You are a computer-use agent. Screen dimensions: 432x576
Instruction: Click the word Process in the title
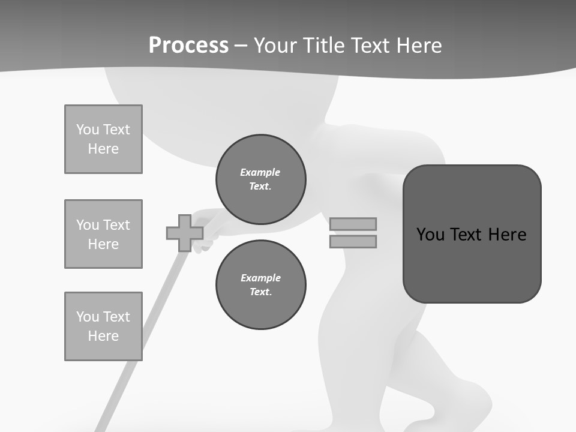(x=188, y=46)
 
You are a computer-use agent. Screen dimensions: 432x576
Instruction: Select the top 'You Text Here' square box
(x=103, y=139)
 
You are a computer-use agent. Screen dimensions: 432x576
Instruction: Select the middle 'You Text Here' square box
(x=103, y=234)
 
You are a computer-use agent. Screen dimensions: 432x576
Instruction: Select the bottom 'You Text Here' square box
(x=103, y=326)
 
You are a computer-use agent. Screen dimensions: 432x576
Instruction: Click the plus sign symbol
(x=184, y=233)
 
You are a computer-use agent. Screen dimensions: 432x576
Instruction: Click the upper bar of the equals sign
(x=353, y=224)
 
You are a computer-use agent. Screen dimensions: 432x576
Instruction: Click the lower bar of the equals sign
(x=353, y=242)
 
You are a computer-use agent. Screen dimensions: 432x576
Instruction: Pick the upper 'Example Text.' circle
(x=260, y=179)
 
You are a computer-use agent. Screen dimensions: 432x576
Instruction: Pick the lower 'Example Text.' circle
(x=260, y=284)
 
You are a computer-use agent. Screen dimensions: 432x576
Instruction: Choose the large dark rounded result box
(x=472, y=264)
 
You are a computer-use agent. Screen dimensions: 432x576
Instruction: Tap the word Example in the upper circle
(x=260, y=172)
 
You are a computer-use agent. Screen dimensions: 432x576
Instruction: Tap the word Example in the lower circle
(x=260, y=278)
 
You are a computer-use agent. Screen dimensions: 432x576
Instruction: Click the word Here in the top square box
(x=103, y=149)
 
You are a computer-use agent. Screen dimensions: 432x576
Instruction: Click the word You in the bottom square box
(x=86, y=317)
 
